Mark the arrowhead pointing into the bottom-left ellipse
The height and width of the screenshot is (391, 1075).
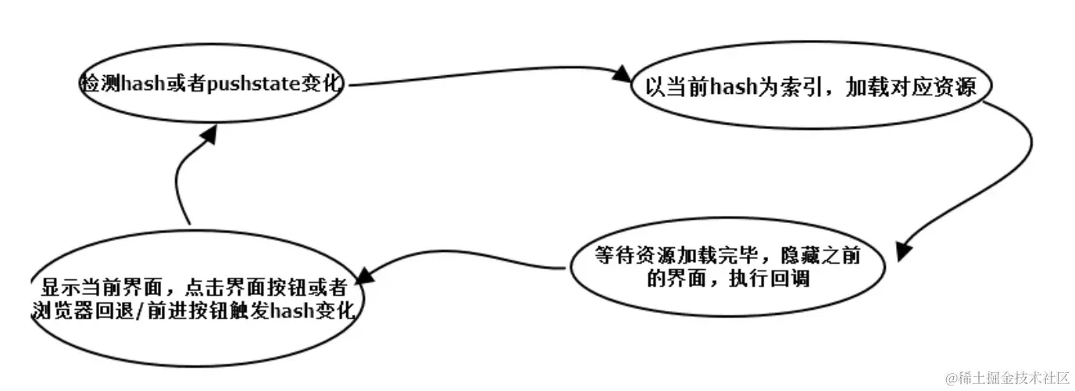[372, 274]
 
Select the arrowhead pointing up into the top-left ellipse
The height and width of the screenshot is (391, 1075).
[207, 135]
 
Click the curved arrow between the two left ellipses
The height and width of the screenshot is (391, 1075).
[179, 184]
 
